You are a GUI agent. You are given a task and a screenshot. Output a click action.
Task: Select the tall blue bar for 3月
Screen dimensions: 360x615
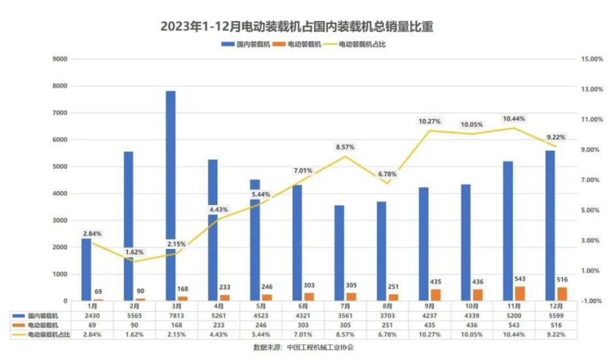[x=171, y=196]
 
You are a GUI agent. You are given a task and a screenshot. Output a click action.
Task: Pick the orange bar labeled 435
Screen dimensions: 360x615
[x=436, y=295]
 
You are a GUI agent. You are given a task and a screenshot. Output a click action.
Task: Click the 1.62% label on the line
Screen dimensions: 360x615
[x=134, y=252]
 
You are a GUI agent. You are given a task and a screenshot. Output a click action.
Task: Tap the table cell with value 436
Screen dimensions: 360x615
[x=473, y=325]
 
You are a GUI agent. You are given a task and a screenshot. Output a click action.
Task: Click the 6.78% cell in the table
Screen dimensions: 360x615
[x=388, y=335]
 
